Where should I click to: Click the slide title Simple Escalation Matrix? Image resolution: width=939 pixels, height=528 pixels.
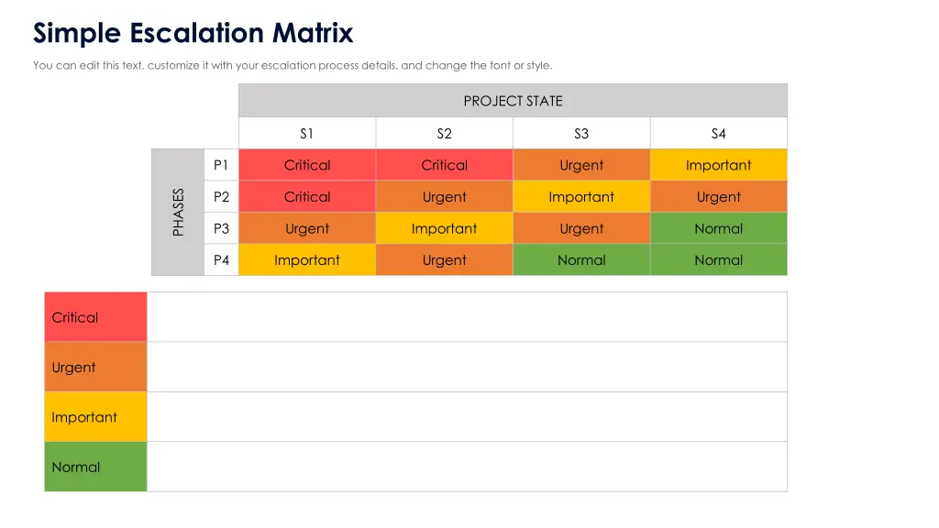point(193,34)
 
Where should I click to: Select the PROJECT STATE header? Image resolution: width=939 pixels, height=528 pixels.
point(513,101)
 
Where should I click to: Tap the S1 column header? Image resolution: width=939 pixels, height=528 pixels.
point(307,134)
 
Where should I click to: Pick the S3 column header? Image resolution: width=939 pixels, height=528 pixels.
point(581,134)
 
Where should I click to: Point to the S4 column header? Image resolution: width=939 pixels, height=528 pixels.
point(718,134)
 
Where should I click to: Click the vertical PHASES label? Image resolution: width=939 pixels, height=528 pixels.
point(178,212)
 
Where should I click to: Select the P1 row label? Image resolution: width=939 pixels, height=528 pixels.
point(221,165)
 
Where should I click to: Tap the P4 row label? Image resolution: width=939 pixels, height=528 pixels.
point(221,260)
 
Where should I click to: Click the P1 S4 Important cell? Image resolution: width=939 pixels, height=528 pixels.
point(718,165)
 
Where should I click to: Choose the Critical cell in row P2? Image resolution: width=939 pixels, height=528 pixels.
point(307,197)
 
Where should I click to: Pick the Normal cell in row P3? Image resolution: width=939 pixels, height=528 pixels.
point(718,228)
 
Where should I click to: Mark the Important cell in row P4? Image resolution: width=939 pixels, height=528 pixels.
point(307,260)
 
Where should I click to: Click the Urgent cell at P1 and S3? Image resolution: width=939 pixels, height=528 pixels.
point(581,165)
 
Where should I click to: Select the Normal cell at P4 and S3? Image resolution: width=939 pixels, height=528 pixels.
point(581,260)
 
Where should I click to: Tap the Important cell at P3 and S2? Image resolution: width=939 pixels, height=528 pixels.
point(444,228)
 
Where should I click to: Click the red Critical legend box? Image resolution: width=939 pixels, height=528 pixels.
point(95,317)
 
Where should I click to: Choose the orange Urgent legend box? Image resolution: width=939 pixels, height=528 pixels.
point(95,368)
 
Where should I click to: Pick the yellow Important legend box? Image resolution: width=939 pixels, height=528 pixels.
point(95,417)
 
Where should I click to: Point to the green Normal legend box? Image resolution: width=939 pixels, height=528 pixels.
point(95,467)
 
